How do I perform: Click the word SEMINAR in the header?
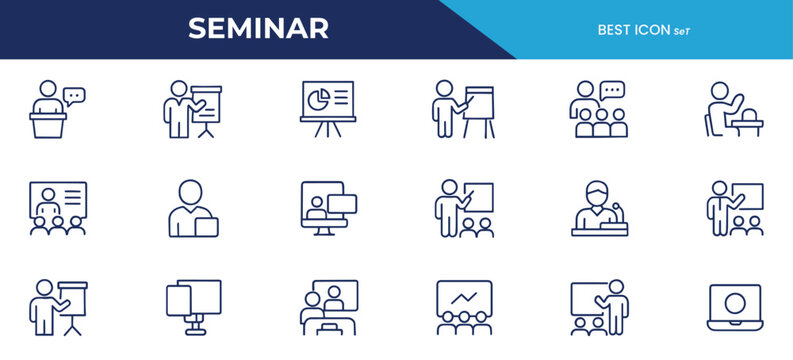pos(258,29)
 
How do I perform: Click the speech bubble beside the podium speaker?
pos(74,95)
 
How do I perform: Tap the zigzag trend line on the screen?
pos(464,297)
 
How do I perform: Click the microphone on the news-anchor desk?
pos(618,210)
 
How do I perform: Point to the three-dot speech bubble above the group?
pos(612,90)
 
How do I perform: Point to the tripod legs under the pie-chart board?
pos(327,131)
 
